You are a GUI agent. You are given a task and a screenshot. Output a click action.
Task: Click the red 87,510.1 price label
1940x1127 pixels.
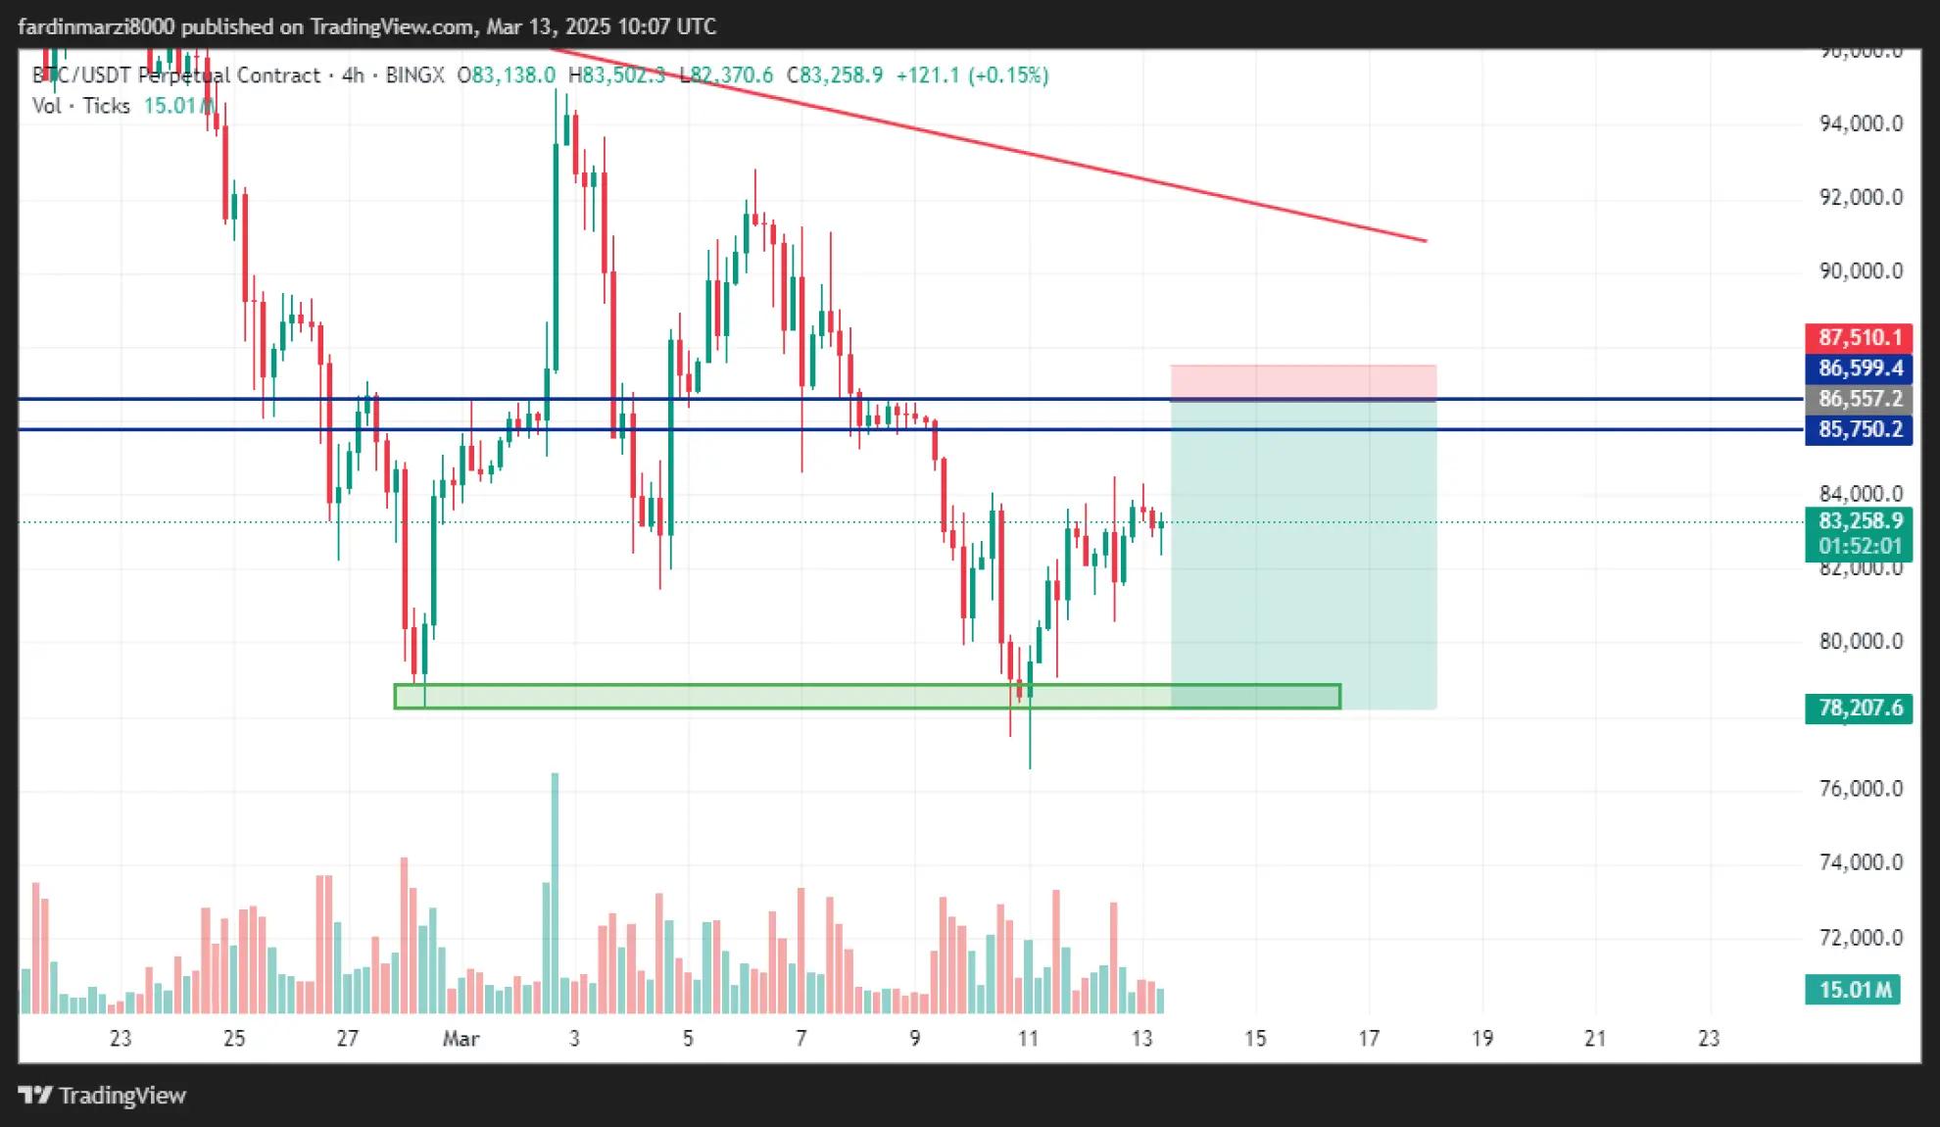click(x=1858, y=338)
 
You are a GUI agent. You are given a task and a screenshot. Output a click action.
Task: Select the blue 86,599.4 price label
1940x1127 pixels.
click(x=1858, y=368)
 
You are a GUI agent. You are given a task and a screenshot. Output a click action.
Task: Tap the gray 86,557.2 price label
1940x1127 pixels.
click(x=1858, y=399)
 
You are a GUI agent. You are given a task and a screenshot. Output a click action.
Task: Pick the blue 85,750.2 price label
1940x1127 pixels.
click(x=1858, y=429)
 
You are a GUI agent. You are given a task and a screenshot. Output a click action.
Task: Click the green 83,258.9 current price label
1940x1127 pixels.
click(x=1858, y=520)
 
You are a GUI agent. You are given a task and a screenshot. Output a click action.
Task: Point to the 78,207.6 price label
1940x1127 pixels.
click(x=1858, y=708)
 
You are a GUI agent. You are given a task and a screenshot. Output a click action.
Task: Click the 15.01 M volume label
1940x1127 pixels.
click(x=1853, y=990)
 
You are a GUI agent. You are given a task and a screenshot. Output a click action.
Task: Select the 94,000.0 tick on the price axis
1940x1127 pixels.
click(x=1861, y=123)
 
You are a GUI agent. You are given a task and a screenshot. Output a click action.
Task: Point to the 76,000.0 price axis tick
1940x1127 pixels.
click(x=1861, y=789)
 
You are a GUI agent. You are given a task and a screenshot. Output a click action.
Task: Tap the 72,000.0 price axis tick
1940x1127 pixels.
click(x=1861, y=938)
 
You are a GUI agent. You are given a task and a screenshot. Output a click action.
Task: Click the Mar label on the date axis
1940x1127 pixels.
click(x=461, y=1039)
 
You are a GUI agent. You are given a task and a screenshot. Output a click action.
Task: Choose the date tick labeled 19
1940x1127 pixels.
click(x=1482, y=1039)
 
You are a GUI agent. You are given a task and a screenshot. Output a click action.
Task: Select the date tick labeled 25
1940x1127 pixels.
click(x=234, y=1039)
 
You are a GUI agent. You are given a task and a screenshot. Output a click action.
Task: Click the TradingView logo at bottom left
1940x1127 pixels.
click(x=103, y=1096)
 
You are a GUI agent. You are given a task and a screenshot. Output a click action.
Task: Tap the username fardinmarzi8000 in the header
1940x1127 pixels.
click(x=96, y=26)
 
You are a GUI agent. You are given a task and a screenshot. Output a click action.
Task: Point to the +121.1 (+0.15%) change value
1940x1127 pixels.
click(x=972, y=75)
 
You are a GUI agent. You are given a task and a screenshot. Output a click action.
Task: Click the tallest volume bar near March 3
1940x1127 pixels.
click(x=555, y=892)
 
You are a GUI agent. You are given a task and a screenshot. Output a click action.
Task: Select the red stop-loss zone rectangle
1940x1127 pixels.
click(x=1303, y=382)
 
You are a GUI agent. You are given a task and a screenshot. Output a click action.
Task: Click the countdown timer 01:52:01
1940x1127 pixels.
click(x=1858, y=546)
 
